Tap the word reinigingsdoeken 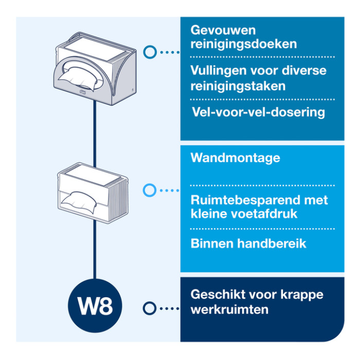pos(243,44)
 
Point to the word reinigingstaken pos(238,86)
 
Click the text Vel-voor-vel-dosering pos(258,112)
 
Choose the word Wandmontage pos(235,157)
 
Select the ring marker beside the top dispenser pos(150,52)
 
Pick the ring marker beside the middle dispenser pos(149,190)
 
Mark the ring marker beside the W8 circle pos(149,308)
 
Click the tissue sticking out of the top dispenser pos(79,80)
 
